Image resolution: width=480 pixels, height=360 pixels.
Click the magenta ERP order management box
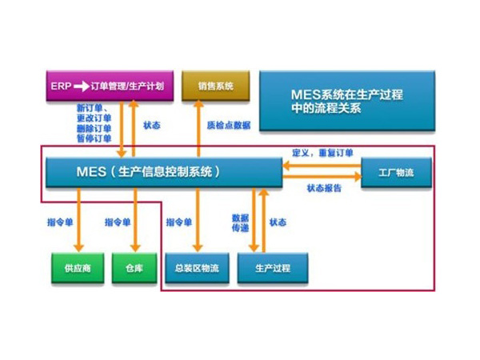(x=107, y=86)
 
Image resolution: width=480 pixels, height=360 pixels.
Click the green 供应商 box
(x=77, y=268)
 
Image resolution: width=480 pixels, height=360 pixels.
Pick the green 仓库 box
(x=133, y=268)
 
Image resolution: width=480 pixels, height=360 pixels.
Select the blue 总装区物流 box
(x=197, y=268)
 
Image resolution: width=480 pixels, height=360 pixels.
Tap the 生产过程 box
(x=271, y=268)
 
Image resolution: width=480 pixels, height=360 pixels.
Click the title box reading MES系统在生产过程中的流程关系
(x=346, y=100)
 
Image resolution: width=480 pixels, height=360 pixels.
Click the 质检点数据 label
(x=229, y=126)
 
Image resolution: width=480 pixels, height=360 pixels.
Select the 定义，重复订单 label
(x=322, y=153)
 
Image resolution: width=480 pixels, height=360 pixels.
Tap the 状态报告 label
(x=323, y=189)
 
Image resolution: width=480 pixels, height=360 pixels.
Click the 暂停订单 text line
(x=94, y=139)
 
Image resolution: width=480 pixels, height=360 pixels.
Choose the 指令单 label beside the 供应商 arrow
(x=58, y=222)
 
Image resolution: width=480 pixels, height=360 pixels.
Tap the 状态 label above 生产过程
(x=278, y=222)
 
